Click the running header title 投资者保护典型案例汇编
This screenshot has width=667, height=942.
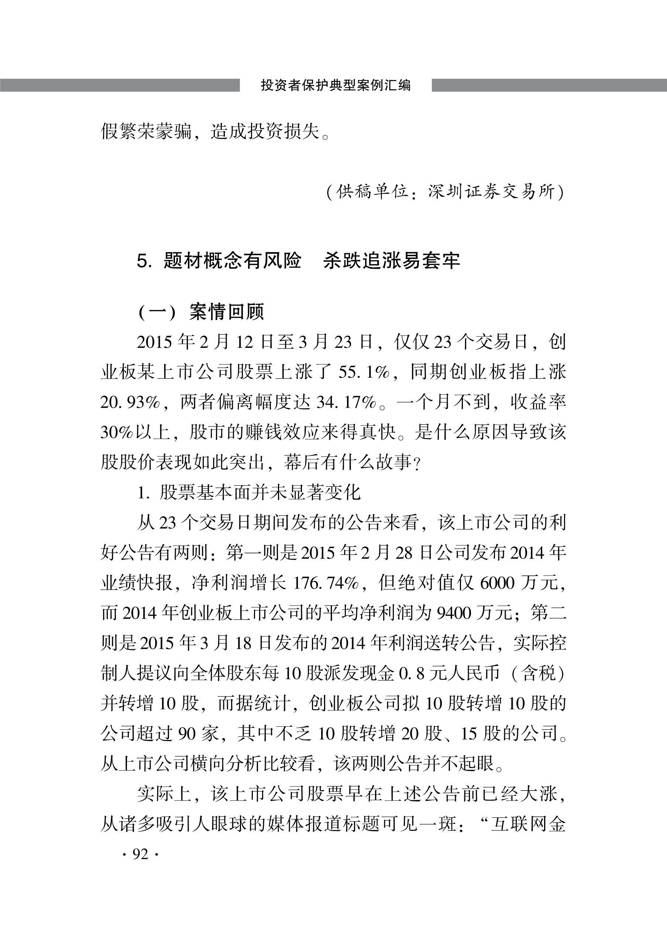336,85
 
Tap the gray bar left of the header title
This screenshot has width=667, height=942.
120,85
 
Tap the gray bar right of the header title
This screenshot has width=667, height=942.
549,85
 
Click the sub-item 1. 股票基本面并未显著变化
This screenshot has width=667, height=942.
248,493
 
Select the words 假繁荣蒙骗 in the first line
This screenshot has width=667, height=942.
146,131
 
